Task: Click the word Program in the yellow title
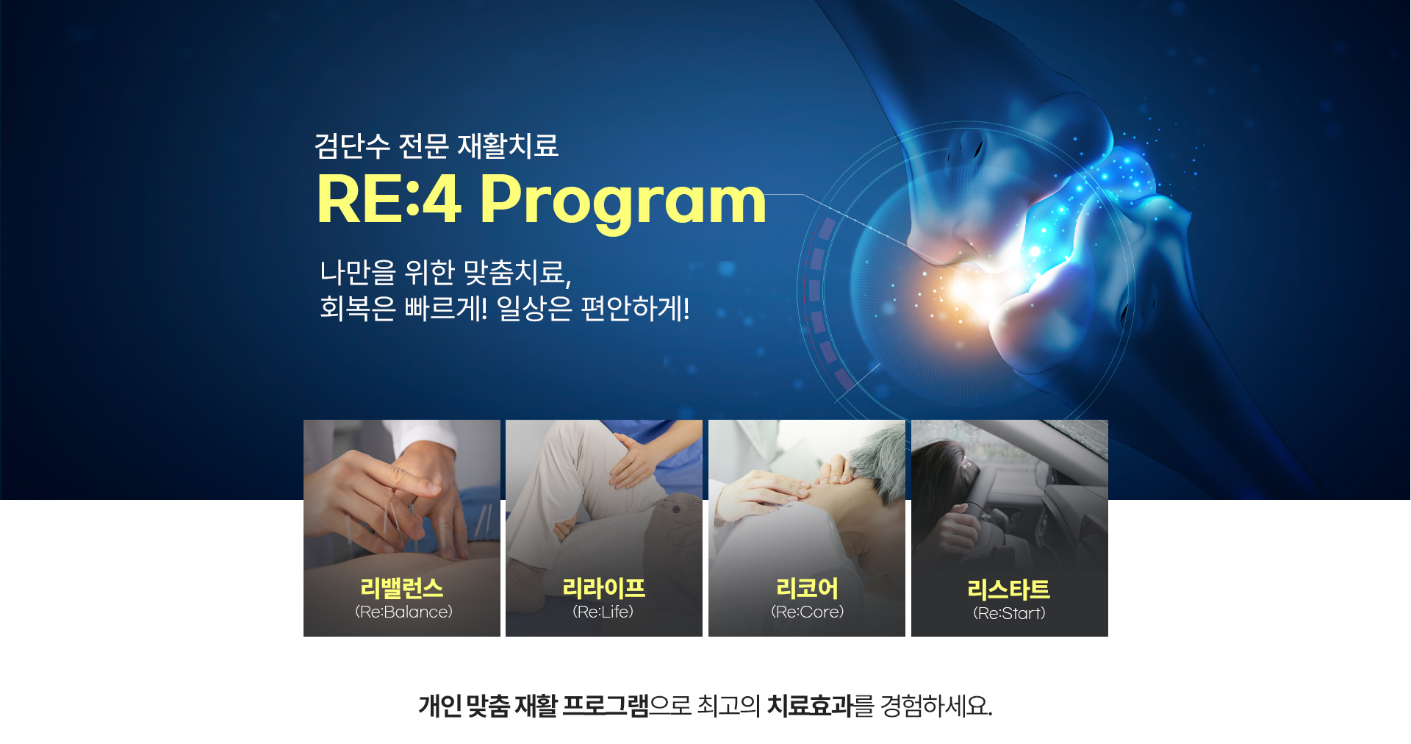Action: pos(623,201)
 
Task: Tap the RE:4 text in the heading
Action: pos(389,198)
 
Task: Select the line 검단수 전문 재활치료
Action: pos(437,146)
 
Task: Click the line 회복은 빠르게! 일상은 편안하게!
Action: pos(505,308)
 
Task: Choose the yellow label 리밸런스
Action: pos(402,588)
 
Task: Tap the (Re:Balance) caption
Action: pos(403,612)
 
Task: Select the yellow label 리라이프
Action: pos(604,588)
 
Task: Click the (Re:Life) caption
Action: pos(603,612)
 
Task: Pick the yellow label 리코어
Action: pos(807,588)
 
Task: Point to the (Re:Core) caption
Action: pos(808,612)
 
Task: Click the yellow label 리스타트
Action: pos(1009,590)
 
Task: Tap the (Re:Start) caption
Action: pos(1009,613)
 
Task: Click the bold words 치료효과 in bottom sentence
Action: pos(810,706)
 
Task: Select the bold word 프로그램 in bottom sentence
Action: pos(606,706)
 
